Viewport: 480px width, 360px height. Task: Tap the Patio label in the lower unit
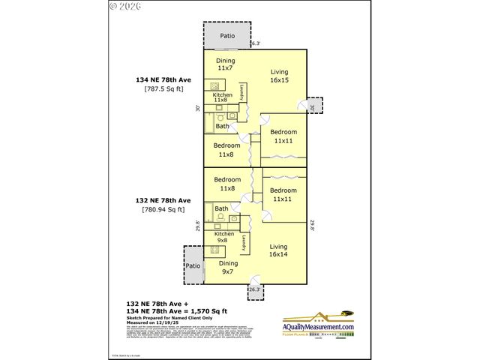click(x=193, y=265)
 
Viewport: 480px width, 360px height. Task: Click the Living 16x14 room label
click(x=279, y=250)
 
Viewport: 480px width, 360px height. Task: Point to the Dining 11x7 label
click(x=226, y=64)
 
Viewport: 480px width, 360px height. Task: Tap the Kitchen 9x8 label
click(x=224, y=238)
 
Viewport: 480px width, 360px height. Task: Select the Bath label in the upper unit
click(x=223, y=126)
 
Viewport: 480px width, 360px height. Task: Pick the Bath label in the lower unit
click(x=221, y=208)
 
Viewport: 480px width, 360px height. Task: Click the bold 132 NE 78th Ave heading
click(x=163, y=200)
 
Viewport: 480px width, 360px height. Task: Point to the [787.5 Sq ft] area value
click(x=163, y=89)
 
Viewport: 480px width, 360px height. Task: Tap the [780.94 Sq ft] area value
click(x=163, y=210)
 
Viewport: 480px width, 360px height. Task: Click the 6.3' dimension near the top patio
click(x=255, y=43)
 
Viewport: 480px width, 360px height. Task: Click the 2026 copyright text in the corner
click(x=128, y=7)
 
